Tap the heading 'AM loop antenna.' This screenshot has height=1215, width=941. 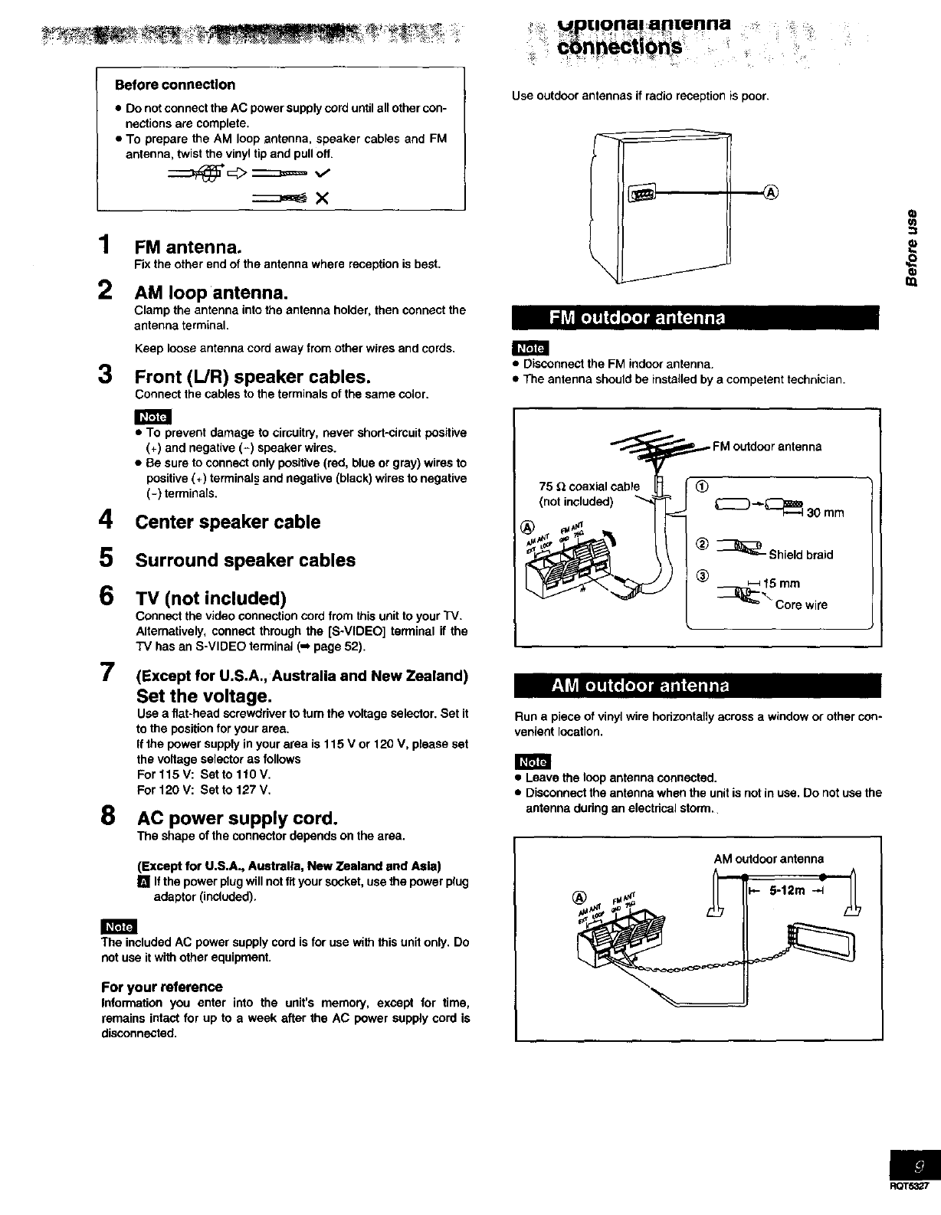pyautogui.click(x=211, y=293)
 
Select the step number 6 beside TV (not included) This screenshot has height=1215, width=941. pyautogui.click(x=107, y=596)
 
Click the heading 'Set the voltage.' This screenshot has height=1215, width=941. pyautogui.click(x=203, y=696)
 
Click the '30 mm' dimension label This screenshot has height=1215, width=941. pyautogui.click(x=825, y=513)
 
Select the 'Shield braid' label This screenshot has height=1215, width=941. pyautogui.click(x=802, y=555)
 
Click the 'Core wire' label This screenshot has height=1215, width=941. pyautogui.click(x=802, y=605)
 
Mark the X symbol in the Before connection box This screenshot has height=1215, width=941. pyautogui.click(x=322, y=198)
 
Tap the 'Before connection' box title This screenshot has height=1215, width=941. pyautogui.click(x=175, y=85)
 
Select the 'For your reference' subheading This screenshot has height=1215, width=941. pyautogui.click(x=162, y=987)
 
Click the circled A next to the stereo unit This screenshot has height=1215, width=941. pyautogui.click(x=771, y=192)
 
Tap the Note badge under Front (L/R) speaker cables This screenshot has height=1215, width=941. pyautogui.click(x=152, y=416)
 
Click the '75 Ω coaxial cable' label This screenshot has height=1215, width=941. pyautogui.click(x=589, y=486)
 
